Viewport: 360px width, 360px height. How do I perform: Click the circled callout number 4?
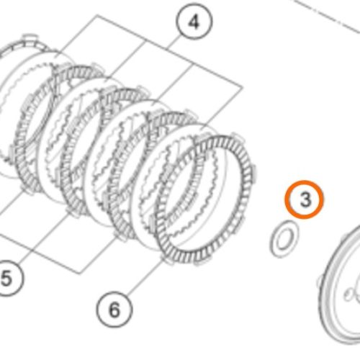194,22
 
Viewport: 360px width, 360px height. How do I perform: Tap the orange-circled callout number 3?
305,199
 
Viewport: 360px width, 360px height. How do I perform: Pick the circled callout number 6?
114,310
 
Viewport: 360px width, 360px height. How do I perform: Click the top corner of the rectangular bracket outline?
97,15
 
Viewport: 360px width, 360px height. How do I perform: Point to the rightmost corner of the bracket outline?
243,87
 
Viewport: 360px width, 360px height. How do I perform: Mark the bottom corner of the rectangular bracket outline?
80,274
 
